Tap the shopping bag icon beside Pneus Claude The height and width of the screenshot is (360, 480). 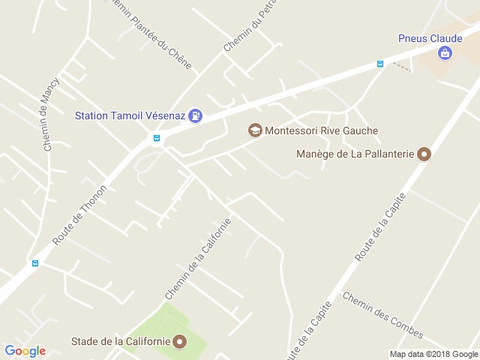(445, 53)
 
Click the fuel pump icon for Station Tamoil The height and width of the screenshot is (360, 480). (195, 115)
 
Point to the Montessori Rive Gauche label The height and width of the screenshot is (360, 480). (322, 130)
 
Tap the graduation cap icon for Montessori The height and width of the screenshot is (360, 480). (255, 130)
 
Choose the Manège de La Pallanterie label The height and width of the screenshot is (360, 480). (356, 155)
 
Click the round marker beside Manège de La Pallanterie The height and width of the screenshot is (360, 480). (424, 155)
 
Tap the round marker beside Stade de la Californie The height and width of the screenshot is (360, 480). (179, 342)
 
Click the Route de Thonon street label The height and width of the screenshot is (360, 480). (80, 214)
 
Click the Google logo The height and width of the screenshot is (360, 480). (25, 351)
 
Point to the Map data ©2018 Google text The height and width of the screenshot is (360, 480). (433, 354)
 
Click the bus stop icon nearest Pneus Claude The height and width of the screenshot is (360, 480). (380, 64)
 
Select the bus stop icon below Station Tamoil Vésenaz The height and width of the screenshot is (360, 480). (157, 138)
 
